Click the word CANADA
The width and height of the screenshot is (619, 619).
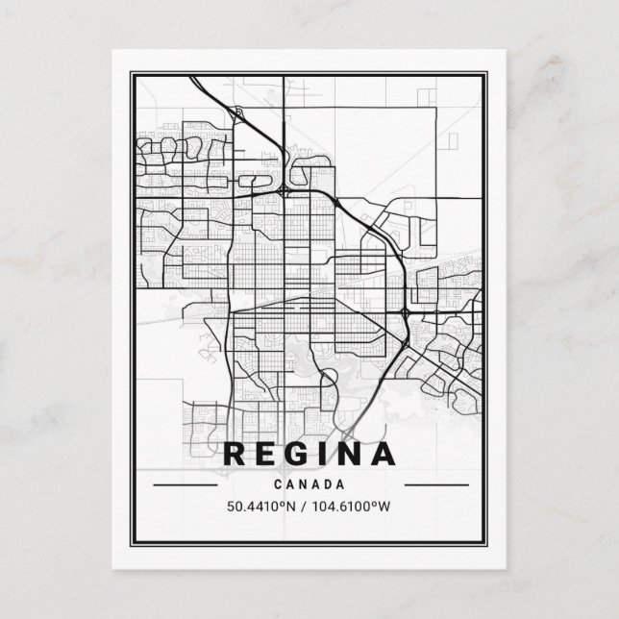click(309, 484)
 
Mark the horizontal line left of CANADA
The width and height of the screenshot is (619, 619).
click(186, 484)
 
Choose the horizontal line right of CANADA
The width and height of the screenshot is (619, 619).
click(433, 484)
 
